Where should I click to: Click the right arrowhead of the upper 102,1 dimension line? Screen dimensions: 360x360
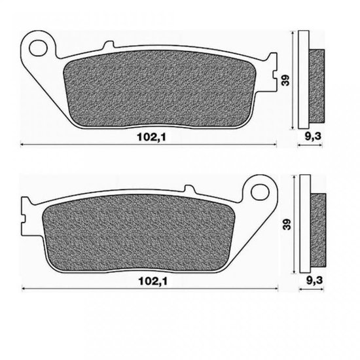pos(274,144)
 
